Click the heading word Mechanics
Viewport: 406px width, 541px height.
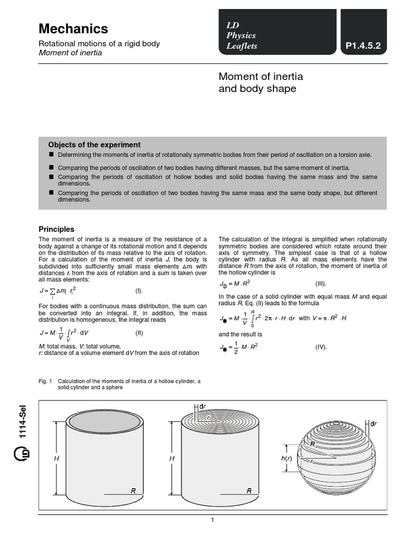[73, 29]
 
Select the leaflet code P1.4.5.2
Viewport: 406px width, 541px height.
[363, 46]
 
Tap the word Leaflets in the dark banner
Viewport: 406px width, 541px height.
[242, 46]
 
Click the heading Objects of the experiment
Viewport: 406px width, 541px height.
[94, 145]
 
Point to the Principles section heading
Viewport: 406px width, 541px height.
[57, 229]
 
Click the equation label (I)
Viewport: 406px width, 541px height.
[139, 291]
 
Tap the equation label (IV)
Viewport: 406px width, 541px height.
[321, 347]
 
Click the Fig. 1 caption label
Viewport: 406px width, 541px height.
[45, 381]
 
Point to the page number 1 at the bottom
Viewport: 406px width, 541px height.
[212, 520]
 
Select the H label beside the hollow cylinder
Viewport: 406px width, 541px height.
[57, 459]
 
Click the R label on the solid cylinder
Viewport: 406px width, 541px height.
[248, 491]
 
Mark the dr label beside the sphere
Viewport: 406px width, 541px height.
[374, 424]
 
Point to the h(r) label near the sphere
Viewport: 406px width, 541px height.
[286, 458]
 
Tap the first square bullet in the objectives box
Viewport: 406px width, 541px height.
[51, 154]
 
